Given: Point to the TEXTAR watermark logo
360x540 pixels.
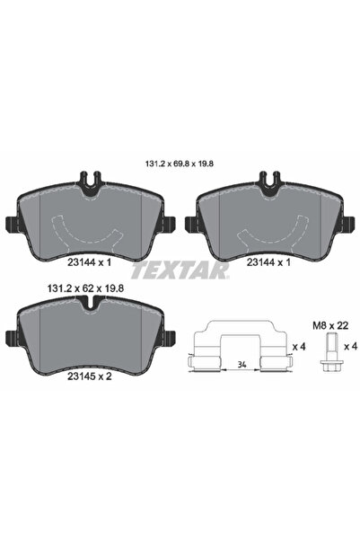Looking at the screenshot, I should [179, 269].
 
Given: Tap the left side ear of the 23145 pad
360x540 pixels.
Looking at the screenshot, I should [11, 339].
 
